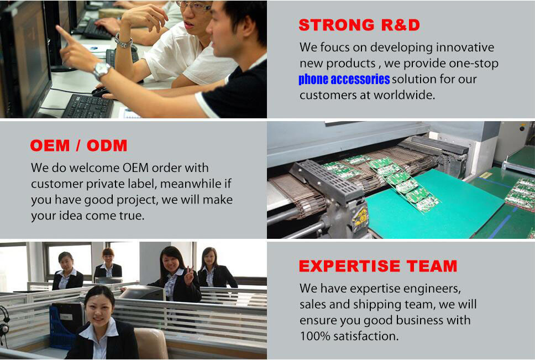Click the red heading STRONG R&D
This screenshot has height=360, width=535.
click(x=359, y=25)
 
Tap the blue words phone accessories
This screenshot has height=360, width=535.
click(x=344, y=79)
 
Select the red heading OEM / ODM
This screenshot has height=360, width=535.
click(x=78, y=145)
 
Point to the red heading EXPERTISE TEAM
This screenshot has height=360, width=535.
click(x=378, y=266)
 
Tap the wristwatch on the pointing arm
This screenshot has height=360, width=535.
click(x=102, y=70)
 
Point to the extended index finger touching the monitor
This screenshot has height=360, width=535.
click(x=63, y=33)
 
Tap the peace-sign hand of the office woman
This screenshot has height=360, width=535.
click(x=188, y=276)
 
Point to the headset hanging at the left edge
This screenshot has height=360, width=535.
click(x=4, y=324)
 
